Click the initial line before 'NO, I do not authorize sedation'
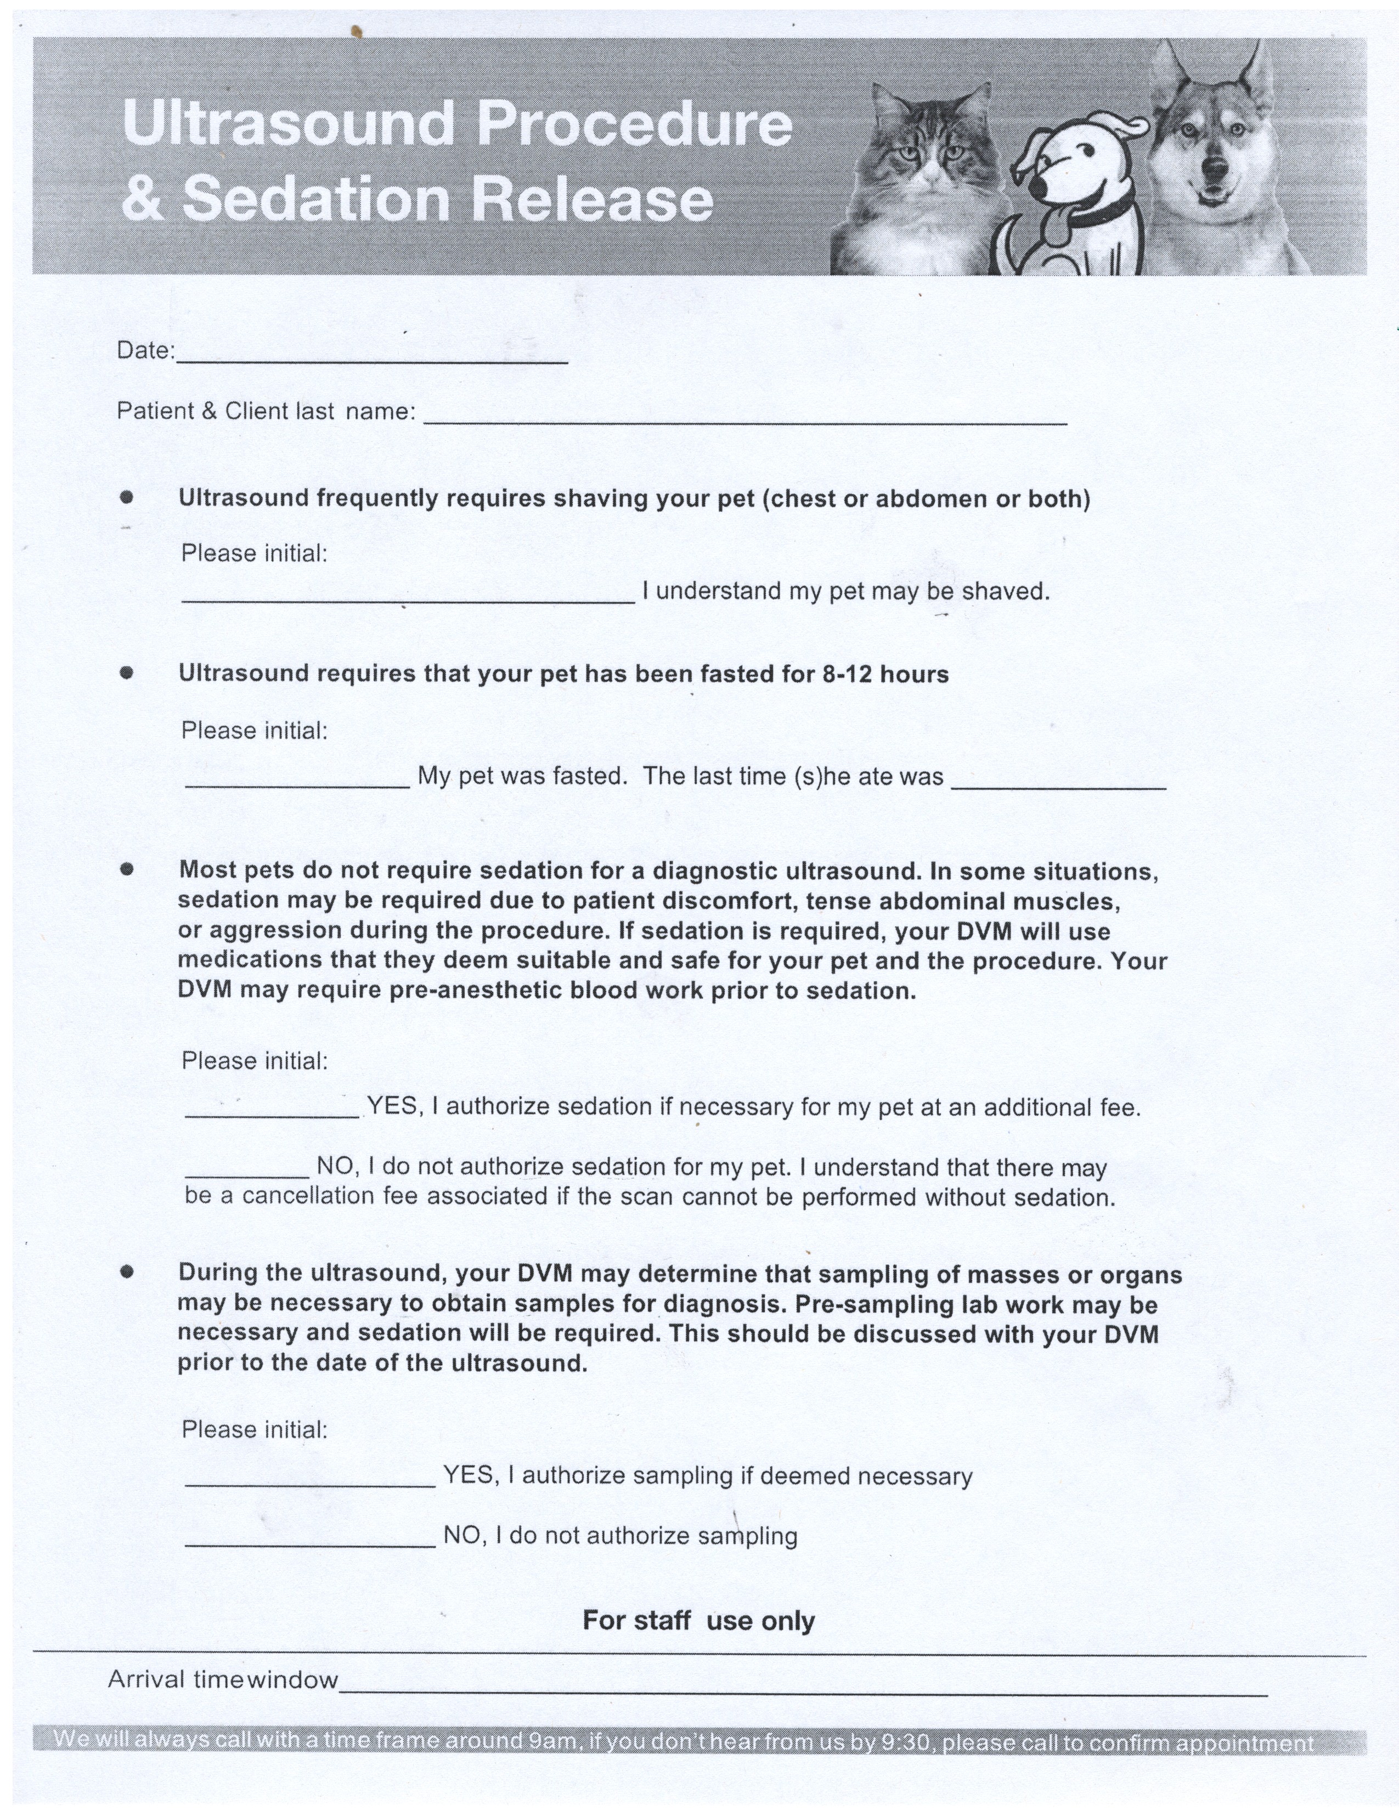tap(247, 1174)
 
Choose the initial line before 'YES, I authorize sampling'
tap(310, 1484)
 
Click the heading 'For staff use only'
tap(698, 1620)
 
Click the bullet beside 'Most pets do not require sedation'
tap(127, 869)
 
